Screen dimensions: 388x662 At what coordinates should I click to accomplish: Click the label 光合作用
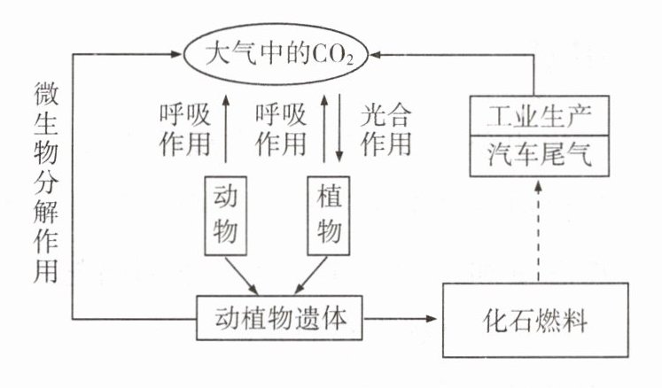[x=387, y=128]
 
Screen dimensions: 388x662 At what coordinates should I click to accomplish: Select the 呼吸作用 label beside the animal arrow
[x=183, y=128]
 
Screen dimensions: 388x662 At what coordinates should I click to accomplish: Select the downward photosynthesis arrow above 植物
[x=338, y=128]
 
